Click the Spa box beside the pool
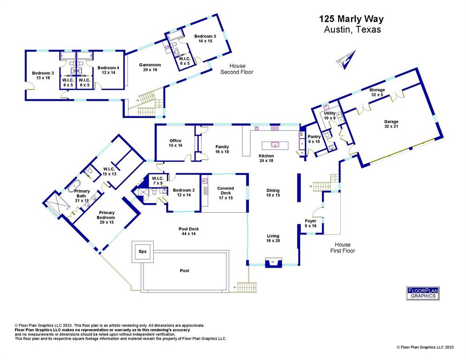142,252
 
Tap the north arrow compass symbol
346,60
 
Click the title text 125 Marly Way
351,19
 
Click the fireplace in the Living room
272,262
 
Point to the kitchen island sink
275,144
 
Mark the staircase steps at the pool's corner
247,286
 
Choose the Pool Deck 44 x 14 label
189,232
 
